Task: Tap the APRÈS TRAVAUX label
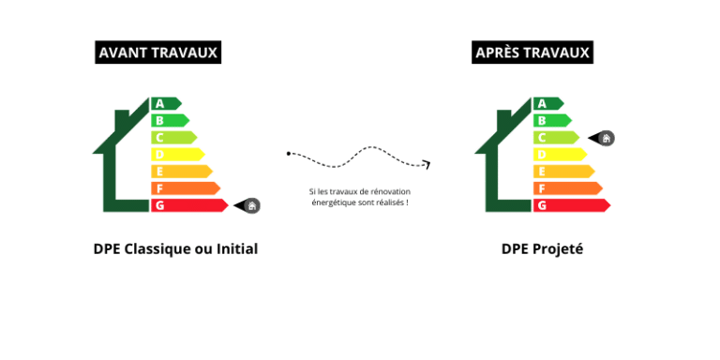[x=532, y=52]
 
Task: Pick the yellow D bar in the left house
[x=177, y=155]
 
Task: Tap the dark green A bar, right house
[x=547, y=103]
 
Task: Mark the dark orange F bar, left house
[x=185, y=188]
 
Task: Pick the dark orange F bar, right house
[x=566, y=188]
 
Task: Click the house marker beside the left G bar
[x=248, y=205]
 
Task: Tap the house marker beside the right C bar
[x=604, y=139]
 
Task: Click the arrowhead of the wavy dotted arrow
[x=427, y=165]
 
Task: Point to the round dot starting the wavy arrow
[x=290, y=152]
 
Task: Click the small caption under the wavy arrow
[x=359, y=197]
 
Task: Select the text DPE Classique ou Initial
[x=175, y=249]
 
